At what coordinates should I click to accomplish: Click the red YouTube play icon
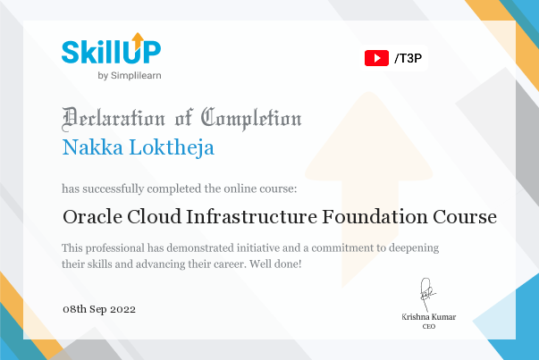point(376,58)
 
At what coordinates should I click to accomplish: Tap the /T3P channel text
point(408,58)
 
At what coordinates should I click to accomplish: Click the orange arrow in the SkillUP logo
point(138,41)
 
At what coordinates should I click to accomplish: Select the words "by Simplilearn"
point(130,76)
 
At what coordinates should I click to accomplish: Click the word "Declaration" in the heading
point(114,119)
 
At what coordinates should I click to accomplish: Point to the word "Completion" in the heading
point(251,119)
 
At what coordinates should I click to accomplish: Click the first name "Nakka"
point(92,147)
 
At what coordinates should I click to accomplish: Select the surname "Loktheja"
point(172,148)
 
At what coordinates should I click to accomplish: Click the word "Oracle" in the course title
point(92,217)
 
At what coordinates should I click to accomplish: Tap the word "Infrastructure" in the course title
point(251,217)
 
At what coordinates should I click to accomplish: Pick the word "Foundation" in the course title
point(375,217)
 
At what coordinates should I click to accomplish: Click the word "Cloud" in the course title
point(154,216)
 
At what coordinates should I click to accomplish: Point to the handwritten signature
point(427,294)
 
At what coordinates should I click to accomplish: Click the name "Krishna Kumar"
point(429,317)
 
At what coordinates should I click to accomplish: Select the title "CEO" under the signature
point(429,327)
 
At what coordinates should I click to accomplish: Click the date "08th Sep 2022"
point(99,309)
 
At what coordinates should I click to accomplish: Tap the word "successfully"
point(114,188)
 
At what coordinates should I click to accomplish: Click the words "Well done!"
point(275,264)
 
